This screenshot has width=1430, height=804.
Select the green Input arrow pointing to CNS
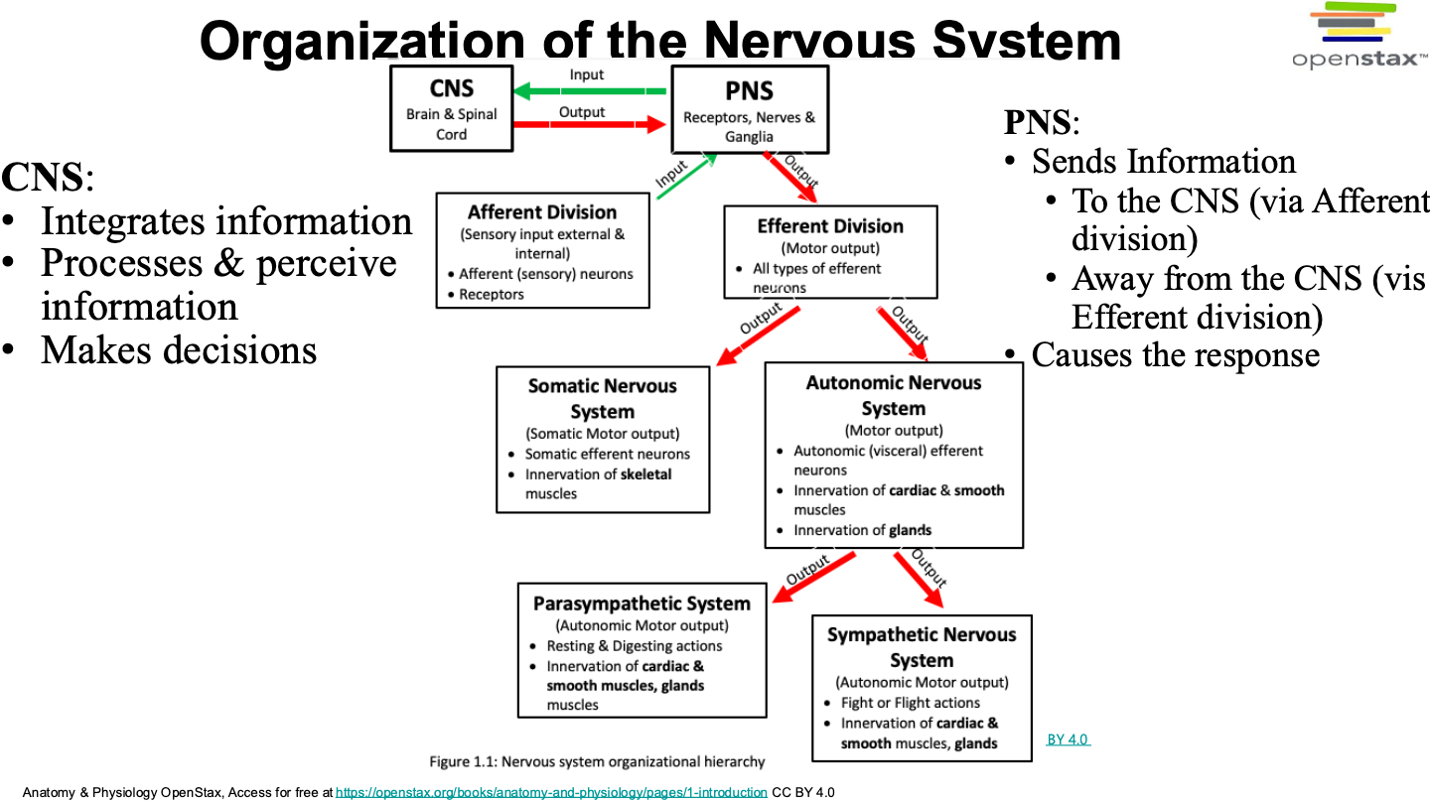pos(590,91)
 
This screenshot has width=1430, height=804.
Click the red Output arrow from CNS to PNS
pos(590,124)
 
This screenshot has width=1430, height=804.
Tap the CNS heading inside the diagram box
pos(451,88)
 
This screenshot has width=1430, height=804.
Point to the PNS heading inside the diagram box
pos(749,91)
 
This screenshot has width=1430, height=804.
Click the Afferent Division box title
pos(542,211)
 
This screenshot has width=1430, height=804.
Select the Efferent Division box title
pos(830,226)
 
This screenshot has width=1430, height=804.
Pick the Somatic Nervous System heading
pos(602,399)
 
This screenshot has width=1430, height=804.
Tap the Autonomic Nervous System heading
pos(893,396)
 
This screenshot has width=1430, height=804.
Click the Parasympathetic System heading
pos(642,603)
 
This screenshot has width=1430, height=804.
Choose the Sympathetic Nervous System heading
pos(922,647)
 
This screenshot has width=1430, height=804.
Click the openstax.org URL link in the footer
pos(551,792)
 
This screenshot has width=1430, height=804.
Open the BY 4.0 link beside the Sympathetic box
pos(1069,739)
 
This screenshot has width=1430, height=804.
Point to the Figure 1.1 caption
pos(597,762)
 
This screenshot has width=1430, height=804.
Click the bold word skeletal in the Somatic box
pos(646,474)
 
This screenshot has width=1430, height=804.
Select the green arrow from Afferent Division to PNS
pos(687,176)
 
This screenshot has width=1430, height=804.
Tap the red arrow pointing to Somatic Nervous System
pos(758,336)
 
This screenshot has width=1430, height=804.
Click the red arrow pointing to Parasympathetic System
pos(814,578)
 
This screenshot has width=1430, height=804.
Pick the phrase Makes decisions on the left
pos(179,350)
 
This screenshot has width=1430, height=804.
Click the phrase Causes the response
pos(1176,354)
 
